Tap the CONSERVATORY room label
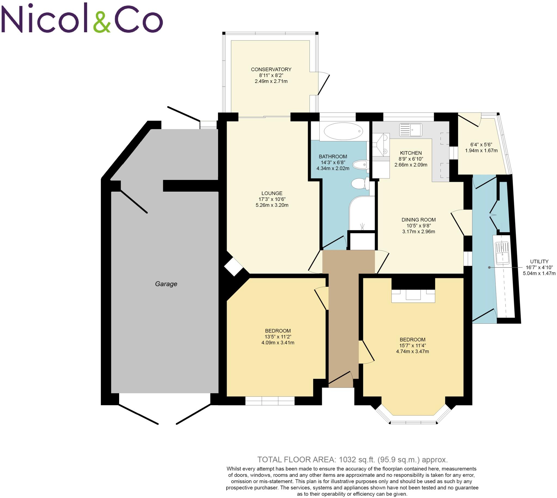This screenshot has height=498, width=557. pyautogui.click(x=271, y=70)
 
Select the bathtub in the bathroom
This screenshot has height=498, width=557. pyautogui.click(x=343, y=131)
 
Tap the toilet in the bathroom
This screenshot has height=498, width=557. pyautogui.click(x=360, y=183)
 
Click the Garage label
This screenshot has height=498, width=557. pyautogui.click(x=166, y=284)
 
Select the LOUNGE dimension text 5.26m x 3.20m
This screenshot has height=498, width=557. pyautogui.click(x=272, y=205)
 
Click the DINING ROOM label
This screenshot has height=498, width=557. pyautogui.click(x=418, y=220)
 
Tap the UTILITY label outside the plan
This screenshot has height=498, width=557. pyautogui.click(x=539, y=261)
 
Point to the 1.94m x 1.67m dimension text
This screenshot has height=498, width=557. pyautogui.click(x=481, y=151)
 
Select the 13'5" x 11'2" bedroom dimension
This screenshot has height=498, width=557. pyautogui.click(x=277, y=337)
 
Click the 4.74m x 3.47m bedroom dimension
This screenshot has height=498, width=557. pyautogui.click(x=412, y=351)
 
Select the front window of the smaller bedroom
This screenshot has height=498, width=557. pyautogui.click(x=270, y=401)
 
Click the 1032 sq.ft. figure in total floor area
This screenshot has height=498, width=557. pyautogui.click(x=355, y=459)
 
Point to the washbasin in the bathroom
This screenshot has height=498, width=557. pyautogui.click(x=360, y=165)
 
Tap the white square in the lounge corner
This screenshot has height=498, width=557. pyautogui.click(x=233, y=266)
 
